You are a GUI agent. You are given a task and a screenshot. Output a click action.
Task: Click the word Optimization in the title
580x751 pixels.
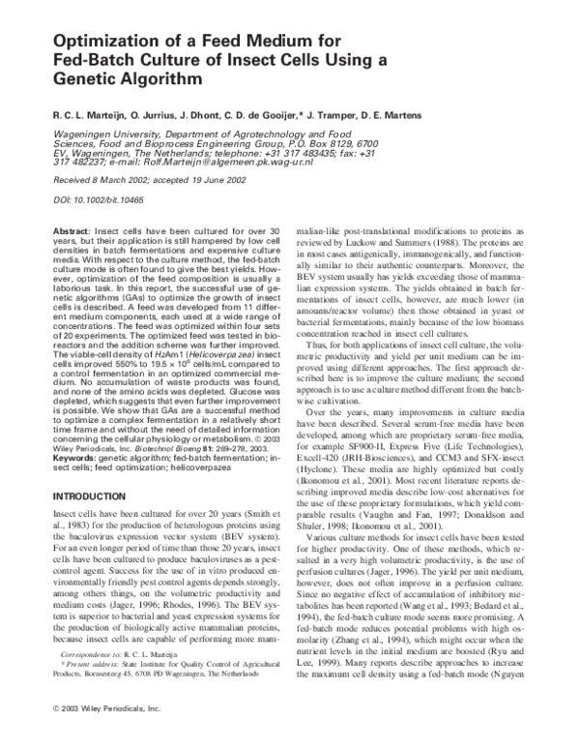coord(101,43)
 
